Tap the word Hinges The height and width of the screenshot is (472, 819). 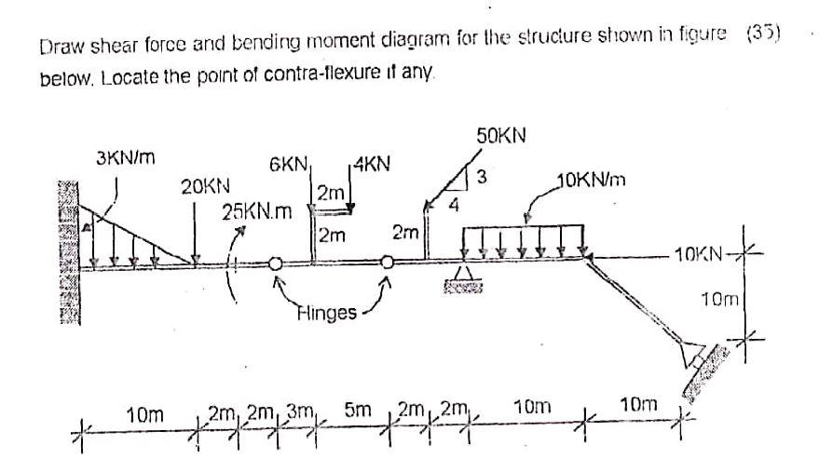327,312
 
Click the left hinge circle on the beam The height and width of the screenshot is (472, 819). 276,264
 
